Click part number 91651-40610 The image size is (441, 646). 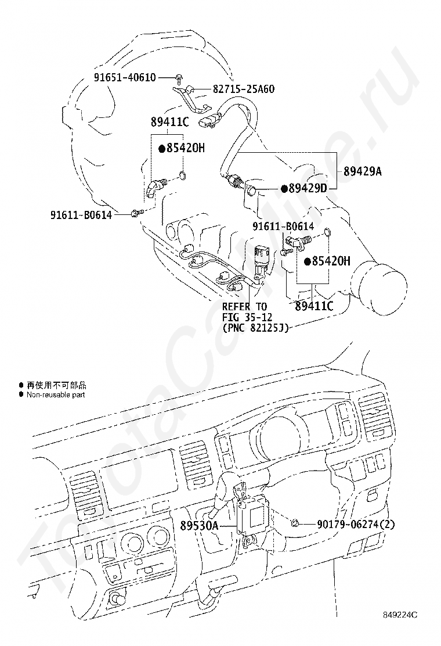125,77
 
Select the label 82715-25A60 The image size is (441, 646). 244,89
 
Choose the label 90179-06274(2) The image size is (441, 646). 356,524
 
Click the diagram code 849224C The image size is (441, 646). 399,614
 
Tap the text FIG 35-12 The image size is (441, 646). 244,317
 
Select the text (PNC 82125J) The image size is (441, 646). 255,328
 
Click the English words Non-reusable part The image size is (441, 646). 56,394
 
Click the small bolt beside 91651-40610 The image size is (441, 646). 180,77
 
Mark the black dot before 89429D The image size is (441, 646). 284,188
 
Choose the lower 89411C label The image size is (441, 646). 314,306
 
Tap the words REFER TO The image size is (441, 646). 244,306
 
